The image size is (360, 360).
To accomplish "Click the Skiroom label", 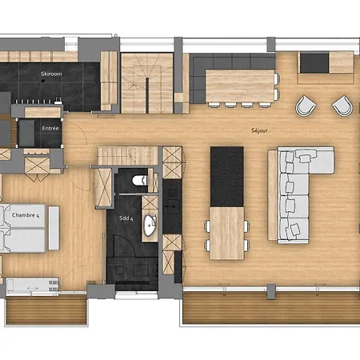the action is (51, 74).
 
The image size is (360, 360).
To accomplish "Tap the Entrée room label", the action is (50, 128).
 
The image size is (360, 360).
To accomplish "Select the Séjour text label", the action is (259, 130).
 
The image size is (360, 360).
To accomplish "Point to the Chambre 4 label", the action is (26, 215).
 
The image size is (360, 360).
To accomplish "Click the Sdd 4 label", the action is (126, 218).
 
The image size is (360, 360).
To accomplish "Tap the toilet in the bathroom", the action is (139, 180).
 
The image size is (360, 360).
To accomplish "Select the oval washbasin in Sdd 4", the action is (150, 226).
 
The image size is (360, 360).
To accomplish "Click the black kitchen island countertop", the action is (227, 177).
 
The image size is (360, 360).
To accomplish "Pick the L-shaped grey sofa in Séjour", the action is (302, 194).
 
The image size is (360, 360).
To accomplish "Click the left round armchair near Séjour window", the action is (306, 106).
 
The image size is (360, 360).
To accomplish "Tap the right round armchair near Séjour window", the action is (342, 106).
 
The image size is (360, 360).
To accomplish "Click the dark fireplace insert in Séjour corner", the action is (314, 63).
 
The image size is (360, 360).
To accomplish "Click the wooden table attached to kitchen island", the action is (227, 234).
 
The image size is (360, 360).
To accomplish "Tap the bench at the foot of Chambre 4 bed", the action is (54, 228).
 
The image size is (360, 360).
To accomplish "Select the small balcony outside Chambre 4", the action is (46, 310).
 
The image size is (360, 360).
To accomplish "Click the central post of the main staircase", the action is (147, 95).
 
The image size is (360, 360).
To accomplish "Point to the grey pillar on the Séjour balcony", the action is (271, 291).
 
